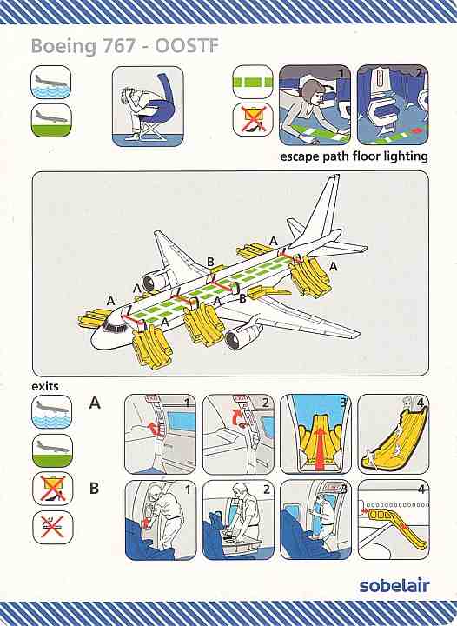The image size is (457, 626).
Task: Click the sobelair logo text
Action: (x=394, y=585)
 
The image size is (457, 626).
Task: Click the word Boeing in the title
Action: (x=63, y=47)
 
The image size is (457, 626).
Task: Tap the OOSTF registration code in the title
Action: (x=187, y=46)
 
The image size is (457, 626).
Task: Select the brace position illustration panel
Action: (x=148, y=106)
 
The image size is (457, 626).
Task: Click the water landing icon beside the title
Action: (x=51, y=83)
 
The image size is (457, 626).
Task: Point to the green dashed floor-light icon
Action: (x=253, y=82)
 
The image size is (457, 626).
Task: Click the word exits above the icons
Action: (x=44, y=386)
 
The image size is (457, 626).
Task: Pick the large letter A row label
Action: (x=95, y=403)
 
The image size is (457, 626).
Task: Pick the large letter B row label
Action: (x=94, y=488)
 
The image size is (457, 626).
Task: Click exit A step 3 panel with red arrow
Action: (x=315, y=434)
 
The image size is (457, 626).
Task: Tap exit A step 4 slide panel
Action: (x=394, y=434)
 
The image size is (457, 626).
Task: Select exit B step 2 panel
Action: (x=238, y=519)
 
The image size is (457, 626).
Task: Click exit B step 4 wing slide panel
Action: (x=394, y=519)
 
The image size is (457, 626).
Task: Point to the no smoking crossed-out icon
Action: (x=53, y=528)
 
